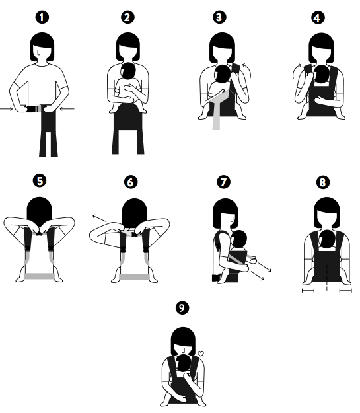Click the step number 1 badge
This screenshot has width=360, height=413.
point(42,17)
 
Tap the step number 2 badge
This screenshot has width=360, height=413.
point(127,17)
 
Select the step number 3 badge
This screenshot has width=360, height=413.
point(219,17)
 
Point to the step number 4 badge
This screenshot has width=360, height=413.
point(318,18)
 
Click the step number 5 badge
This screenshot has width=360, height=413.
point(40,181)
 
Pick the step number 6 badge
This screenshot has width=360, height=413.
point(131,182)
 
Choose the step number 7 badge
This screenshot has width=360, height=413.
point(223,182)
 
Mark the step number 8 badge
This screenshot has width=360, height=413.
point(322,182)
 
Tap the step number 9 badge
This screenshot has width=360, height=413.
point(182,307)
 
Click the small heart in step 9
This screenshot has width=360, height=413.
point(201,354)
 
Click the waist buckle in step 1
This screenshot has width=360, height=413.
point(32,109)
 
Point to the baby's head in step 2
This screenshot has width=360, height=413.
point(128,71)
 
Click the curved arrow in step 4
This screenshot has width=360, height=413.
point(295,71)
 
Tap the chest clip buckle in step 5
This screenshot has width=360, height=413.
point(40,233)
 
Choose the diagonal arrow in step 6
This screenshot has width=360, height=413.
point(100,218)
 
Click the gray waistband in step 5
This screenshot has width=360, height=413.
point(39,276)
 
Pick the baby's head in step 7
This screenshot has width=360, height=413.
point(239,239)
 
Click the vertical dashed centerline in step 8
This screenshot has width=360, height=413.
point(327,277)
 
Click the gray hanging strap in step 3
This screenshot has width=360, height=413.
point(217,116)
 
